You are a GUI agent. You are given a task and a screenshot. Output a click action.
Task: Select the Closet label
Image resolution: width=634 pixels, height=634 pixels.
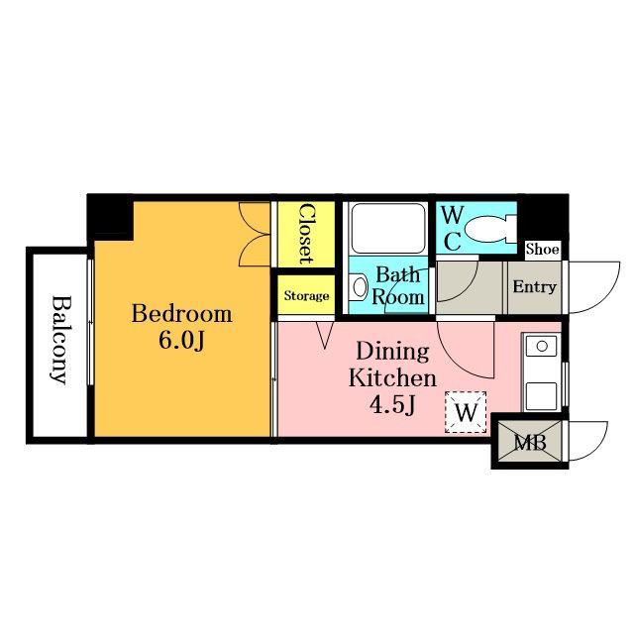[x=306, y=234]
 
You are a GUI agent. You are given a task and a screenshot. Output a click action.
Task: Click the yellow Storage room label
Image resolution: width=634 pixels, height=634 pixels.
[x=306, y=296]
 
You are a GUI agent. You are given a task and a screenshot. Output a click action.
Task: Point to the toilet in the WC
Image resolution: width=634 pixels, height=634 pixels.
[x=490, y=230]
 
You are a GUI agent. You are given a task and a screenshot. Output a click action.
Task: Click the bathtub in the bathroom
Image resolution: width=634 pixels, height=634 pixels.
[x=388, y=229]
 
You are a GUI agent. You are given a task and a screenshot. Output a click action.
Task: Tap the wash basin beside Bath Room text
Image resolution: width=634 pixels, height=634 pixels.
[x=359, y=286]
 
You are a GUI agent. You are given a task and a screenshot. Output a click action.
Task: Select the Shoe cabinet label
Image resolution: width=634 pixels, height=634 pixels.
[x=543, y=250]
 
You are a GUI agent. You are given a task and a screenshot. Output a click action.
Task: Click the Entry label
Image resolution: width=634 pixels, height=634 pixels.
[x=535, y=287]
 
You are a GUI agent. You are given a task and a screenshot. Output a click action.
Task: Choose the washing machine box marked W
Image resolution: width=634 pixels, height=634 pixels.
[x=466, y=412]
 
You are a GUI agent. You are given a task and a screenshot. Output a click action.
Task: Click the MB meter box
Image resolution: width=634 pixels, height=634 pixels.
[x=530, y=442]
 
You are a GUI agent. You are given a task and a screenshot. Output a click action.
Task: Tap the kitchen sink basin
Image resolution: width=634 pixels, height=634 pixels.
[x=542, y=347]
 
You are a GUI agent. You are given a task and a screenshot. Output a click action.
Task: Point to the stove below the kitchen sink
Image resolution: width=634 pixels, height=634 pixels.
[x=542, y=395]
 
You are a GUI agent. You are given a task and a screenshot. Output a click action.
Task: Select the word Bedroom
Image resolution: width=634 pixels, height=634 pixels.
[x=181, y=314]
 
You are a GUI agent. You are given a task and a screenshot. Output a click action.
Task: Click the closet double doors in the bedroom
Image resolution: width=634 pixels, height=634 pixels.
[x=255, y=234]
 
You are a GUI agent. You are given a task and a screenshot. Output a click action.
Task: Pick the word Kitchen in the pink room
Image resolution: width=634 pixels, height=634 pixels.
[x=392, y=378]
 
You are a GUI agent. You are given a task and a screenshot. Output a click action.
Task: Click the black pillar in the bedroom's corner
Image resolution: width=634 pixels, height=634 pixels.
[x=110, y=218]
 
